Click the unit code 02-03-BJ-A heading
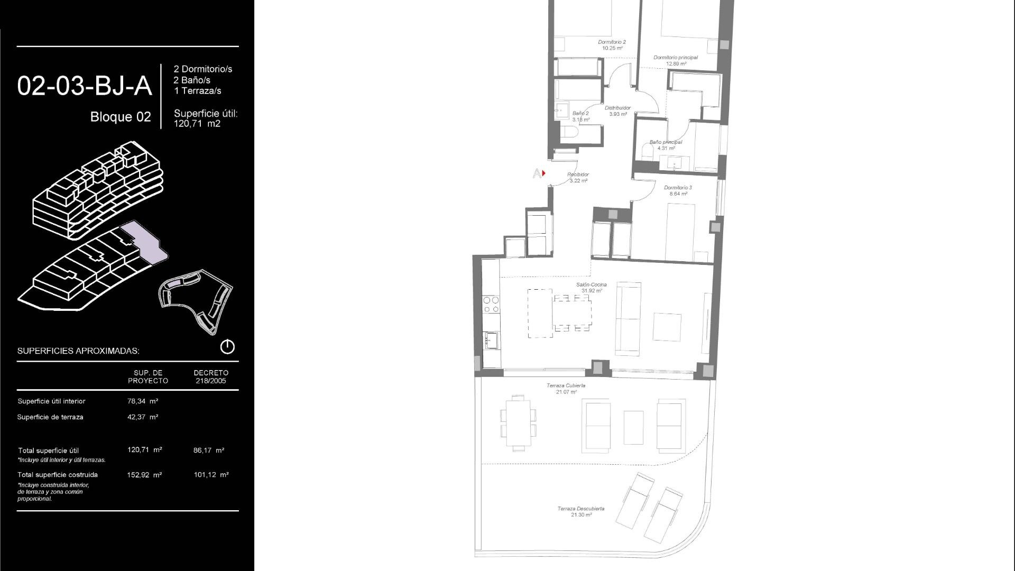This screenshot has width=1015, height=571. [x=85, y=86]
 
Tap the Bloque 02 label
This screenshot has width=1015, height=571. [x=121, y=117]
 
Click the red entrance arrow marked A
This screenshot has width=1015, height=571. [x=543, y=173]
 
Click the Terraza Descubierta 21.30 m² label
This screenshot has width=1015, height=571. [x=580, y=511]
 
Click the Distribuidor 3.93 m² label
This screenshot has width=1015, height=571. [x=617, y=110]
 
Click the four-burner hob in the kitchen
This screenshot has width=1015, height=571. [x=491, y=305]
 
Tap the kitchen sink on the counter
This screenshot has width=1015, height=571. [x=491, y=340]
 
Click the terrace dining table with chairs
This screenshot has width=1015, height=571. [x=518, y=423]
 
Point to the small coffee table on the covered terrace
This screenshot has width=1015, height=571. [x=633, y=427]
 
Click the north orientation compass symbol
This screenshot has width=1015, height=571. [x=227, y=347]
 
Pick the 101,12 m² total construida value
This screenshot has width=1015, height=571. [x=211, y=475]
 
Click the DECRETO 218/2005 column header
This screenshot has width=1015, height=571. [x=210, y=376]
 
